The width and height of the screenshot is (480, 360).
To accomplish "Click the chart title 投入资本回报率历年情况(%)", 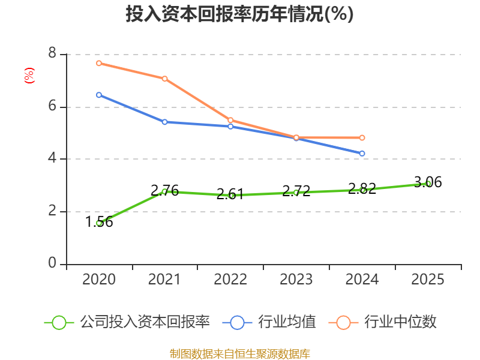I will (x=239, y=14).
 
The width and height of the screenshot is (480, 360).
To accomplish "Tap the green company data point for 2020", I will (x=99, y=223).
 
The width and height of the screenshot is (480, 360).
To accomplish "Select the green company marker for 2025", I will (x=428, y=184).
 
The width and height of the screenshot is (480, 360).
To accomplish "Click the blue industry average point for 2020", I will (x=99, y=95).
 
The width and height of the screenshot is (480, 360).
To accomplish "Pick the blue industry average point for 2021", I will (x=164, y=122).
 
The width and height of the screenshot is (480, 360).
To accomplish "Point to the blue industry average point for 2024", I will (x=362, y=154).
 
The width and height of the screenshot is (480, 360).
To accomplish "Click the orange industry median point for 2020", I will (x=99, y=63).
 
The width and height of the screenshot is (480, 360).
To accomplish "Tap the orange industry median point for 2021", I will (x=164, y=79).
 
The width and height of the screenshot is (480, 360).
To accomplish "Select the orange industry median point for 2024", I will (x=362, y=137).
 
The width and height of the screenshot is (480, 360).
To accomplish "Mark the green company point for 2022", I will (x=231, y=196).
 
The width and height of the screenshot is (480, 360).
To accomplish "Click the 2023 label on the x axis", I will (x=296, y=280).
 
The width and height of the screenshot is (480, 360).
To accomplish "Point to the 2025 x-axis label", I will (x=428, y=280).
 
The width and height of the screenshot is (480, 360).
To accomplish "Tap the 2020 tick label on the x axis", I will (x=99, y=280).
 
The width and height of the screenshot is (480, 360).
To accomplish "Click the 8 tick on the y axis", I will (x=52, y=54).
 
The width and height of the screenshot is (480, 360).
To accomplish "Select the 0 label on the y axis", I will (x=52, y=264).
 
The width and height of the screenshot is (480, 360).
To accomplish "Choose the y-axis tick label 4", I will (x=52, y=159).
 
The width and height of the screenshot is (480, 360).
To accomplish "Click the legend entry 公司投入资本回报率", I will (x=145, y=322).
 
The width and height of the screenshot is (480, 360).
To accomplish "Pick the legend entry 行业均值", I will (x=287, y=322).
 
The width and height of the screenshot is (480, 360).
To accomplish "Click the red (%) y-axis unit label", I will (x=29, y=76).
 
